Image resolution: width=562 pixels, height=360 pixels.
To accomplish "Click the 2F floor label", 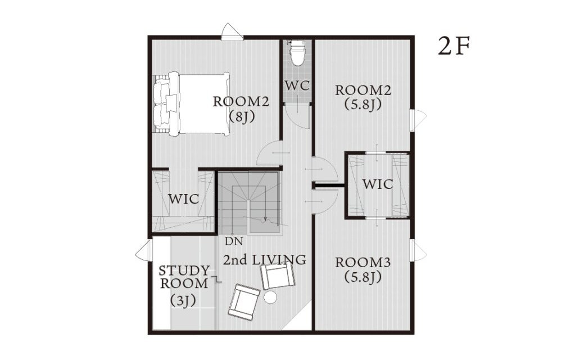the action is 454,47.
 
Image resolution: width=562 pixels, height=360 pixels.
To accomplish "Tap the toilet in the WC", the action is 297,53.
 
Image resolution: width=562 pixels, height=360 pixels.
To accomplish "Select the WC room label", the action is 297,86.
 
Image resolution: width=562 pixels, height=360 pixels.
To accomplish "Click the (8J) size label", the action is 242,117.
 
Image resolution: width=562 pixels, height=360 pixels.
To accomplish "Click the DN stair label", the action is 234,241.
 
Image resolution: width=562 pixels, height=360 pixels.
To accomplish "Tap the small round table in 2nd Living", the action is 270,297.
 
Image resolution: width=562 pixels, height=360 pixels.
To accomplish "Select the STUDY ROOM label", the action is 184,277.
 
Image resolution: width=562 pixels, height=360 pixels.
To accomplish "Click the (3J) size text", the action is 183,300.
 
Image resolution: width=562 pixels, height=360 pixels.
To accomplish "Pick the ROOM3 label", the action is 362,263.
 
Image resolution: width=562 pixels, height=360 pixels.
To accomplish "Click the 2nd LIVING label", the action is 265,260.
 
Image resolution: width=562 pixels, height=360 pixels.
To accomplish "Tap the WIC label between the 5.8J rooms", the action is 378,184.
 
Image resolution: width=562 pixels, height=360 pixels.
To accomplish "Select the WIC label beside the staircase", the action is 184,199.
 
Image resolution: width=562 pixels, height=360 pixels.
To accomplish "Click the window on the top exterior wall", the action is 232,31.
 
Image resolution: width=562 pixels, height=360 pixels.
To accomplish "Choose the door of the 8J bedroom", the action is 270,153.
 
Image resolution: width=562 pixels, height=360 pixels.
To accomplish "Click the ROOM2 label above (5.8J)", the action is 363,91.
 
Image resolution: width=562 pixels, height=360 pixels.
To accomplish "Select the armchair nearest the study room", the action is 244,301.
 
